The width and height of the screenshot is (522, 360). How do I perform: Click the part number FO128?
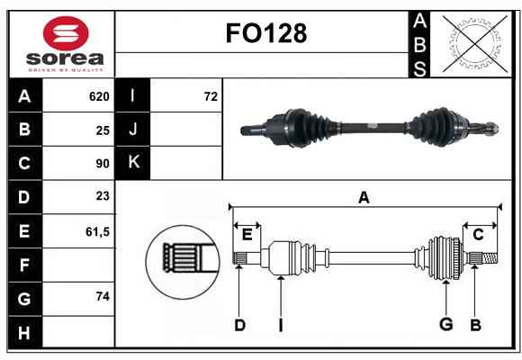pyautogui.click(x=266, y=33)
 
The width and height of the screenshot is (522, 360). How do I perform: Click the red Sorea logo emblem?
pyautogui.click(x=66, y=33)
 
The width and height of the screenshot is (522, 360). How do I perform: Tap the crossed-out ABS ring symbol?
pyautogui.click(x=475, y=44)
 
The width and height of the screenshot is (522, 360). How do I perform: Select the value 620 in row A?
pyautogui.click(x=99, y=96)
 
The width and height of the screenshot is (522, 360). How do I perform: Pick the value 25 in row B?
pyautogui.click(x=103, y=130)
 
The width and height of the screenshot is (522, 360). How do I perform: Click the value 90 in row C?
pyautogui.click(x=103, y=164)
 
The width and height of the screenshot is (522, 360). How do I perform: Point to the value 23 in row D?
pyautogui.click(x=103, y=196)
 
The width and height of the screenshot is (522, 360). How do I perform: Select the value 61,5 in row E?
pyautogui.click(x=97, y=231)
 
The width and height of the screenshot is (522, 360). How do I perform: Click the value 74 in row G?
pyautogui.click(x=103, y=296)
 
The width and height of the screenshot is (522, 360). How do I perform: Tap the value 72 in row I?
pyautogui.click(x=211, y=96)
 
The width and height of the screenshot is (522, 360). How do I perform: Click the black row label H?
pyautogui.click(x=25, y=332)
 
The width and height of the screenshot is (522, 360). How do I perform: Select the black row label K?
pyautogui.click(x=133, y=163)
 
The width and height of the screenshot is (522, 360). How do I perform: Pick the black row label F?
pyautogui.click(x=25, y=265)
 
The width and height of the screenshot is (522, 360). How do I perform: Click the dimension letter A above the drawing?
pyautogui.click(x=364, y=198)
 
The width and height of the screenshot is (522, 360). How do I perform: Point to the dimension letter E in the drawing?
pyautogui.click(x=247, y=235)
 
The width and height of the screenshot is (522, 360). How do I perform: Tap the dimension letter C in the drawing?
pyautogui.click(x=478, y=235)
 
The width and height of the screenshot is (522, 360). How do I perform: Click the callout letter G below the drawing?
pyautogui.click(x=446, y=324)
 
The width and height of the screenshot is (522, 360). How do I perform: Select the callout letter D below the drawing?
pyautogui.click(x=239, y=326)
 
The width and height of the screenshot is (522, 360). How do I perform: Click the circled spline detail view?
pyautogui.click(x=183, y=262)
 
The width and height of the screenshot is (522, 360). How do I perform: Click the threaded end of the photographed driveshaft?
pyautogui.click(x=492, y=128)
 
